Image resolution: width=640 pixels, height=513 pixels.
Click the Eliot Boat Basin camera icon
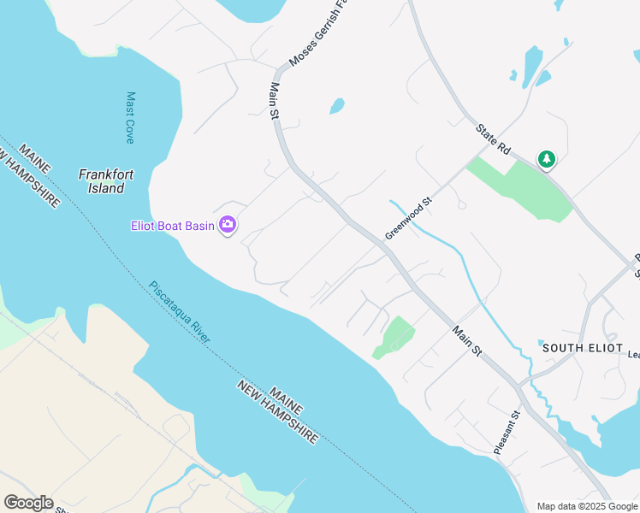coord(228,225)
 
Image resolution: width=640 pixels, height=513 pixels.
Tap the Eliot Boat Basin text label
coord(172,226)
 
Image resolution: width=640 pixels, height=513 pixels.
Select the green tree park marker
coord(546,159)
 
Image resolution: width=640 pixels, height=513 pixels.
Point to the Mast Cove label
coord(130,117)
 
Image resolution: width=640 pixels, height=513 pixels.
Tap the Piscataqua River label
coord(180,311)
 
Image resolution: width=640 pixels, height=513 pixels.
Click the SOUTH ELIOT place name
coord(574,347)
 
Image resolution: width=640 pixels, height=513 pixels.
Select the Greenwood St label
coord(409,220)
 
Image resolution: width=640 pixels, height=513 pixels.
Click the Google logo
coord(28,503)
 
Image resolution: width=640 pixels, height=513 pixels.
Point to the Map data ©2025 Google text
coord(588,506)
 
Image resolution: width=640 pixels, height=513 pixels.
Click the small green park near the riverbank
coord(393,336)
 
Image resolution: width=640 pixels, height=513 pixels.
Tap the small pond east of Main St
coord(337,106)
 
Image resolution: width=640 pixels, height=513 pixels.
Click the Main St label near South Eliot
coord(467,340)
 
